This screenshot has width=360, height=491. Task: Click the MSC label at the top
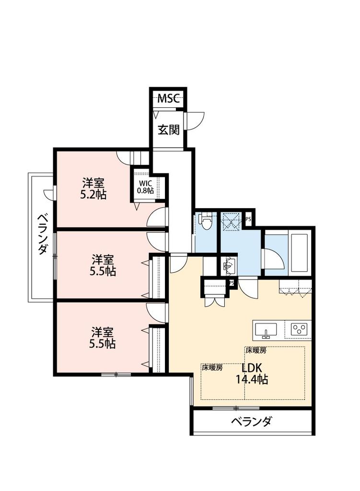[169, 99]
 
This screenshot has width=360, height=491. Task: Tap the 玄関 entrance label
[169, 129]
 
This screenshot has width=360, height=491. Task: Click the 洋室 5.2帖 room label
[93, 188]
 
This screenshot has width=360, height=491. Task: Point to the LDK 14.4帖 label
[251, 374]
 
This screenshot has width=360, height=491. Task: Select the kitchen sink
[266, 330]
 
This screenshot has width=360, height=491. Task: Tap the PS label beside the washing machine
[248, 219]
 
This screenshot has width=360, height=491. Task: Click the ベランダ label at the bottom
[252, 422]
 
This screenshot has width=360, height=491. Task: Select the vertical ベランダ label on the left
[43, 235]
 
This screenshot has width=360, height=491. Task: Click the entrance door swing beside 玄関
[196, 120]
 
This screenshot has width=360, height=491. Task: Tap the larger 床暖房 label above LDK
[256, 351]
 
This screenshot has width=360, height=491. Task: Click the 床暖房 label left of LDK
[212, 368]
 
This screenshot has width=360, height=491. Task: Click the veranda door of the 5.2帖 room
[49, 194]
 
